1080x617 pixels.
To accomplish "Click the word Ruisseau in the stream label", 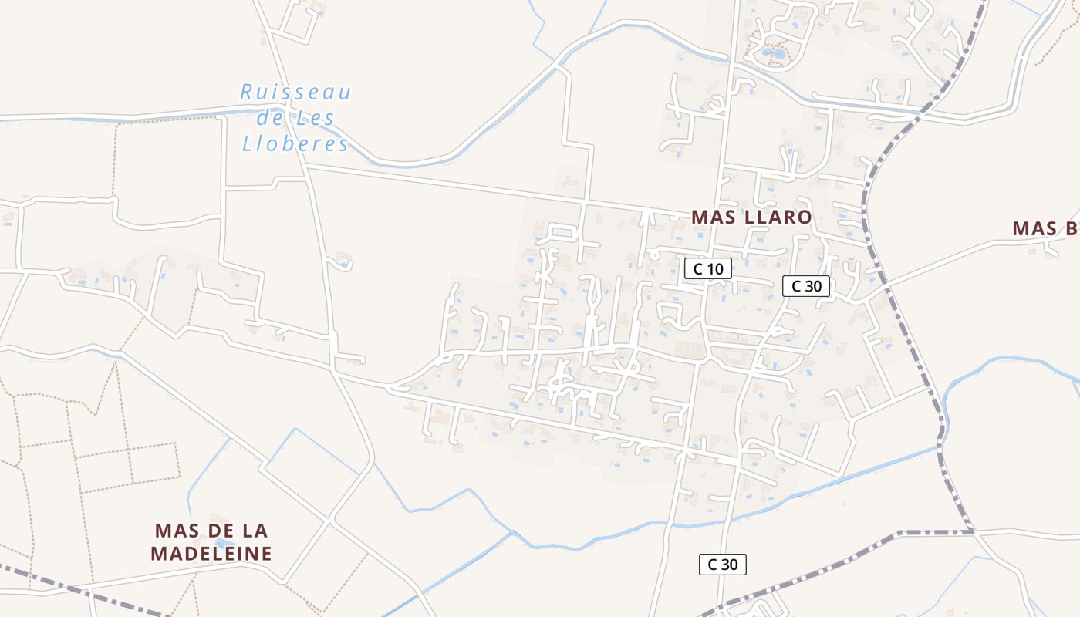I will [x=295, y=93].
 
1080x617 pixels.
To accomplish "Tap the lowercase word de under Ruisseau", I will [x=270, y=119].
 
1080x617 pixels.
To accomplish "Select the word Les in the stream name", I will [x=316, y=119].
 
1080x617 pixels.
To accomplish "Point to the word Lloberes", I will [x=295, y=144].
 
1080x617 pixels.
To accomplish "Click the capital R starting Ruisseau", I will [x=247, y=93].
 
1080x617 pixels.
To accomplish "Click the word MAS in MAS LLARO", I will [x=714, y=217].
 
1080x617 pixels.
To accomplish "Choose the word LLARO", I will [x=778, y=217].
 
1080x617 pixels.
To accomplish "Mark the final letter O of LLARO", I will [x=805, y=217].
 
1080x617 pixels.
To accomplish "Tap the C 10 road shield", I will [x=707, y=268].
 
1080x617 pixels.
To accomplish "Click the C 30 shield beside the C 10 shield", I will [x=805, y=286].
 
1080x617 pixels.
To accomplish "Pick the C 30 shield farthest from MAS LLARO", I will [x=722, y=565].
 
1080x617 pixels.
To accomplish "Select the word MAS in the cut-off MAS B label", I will [x=1034, y=229].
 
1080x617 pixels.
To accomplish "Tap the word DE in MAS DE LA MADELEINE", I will [x=214, y=531].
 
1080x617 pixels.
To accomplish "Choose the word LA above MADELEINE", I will [x=255, y=531].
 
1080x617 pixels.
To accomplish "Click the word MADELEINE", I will [x=212, y=554].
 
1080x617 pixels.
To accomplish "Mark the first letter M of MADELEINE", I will [x=159, y=554].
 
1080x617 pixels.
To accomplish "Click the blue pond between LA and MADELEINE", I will [x=224, y=543].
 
